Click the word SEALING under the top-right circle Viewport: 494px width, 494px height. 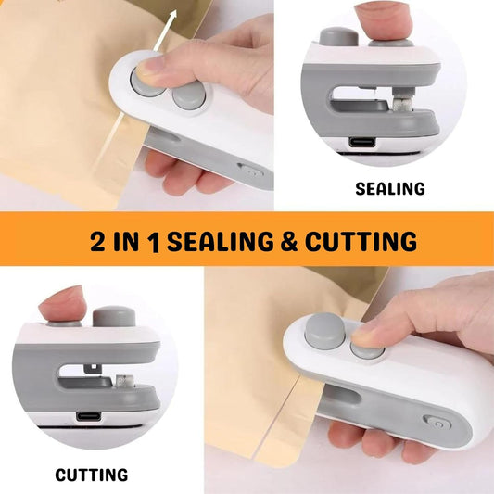pyautogui.click(x=390, y=188)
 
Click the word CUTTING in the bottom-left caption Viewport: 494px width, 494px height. pyautogui.click(x=92, y=475)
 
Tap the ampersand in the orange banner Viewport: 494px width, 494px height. pyautogui.click(x=289, y=241)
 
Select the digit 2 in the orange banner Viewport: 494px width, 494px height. pyautogui.click(x=97, y=241)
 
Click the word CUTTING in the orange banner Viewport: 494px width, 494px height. pyautogui.click(x=361, y=241)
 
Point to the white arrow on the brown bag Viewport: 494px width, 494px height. pyautogui.click(x=164, y=30)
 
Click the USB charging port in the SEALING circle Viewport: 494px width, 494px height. pyautogui.click(x=362, y=142)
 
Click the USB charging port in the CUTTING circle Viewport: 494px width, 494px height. pyautogui.click(x=89, y=416)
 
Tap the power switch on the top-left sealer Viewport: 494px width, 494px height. pyautogui.click(x=251, y=171)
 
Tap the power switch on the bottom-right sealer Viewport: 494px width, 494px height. pyautogui.click(x=437, y=424)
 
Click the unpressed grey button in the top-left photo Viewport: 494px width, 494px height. pyautogui.click(x=189, y=96)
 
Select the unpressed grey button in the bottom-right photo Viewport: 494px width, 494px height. pyautogui.click(x=324, y=332)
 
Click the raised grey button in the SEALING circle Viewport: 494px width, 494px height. pyautogui.click(x=338, y=36)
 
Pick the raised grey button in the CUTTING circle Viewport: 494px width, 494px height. pyautogui.click(x=114, y=316)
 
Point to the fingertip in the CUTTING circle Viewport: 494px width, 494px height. pyautogui.click(x=62, y=303)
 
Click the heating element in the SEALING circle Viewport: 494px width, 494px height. pyautogui.click(x=402, y=103)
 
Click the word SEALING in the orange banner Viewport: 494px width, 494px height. pyautogui.click(x=221, y=241)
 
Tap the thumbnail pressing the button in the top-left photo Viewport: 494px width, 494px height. pyautogui.click(x=148, y=67)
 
